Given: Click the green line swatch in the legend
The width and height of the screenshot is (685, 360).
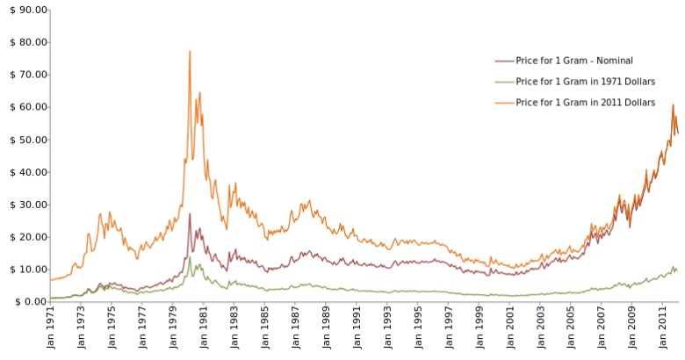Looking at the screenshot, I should click(x=504, y=82).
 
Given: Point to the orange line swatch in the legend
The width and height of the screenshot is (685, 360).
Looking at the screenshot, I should click(x=504, y=103).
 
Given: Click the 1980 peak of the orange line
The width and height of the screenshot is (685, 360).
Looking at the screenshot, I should click(x=189, y=52).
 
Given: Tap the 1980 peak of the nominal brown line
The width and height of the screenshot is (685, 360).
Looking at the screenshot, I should click(x=189, y=213).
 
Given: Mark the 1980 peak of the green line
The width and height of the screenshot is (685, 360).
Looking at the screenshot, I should click(x=189, y=257).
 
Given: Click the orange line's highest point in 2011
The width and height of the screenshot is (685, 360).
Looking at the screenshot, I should click(x=673, y=105).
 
